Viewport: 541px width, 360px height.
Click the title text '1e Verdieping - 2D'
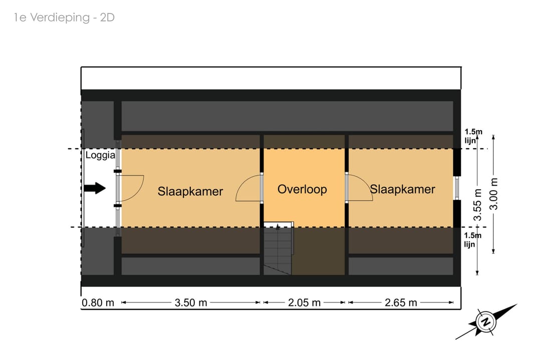pos(65,18)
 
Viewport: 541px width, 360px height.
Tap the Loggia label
pos(100,155)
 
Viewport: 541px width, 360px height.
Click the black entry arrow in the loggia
pos(95,188)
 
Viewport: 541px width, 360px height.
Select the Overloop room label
pos(302,189)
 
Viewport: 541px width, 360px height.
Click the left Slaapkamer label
pos(190,191)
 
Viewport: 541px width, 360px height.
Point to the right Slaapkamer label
pos(403,189)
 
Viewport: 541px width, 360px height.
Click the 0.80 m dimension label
pos(98,303)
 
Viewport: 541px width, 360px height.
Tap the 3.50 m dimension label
pos(191,303)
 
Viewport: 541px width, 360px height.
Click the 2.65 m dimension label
pos(401,303)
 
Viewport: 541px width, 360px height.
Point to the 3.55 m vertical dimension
pos(478,204)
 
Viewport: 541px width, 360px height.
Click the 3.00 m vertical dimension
pos(494,194)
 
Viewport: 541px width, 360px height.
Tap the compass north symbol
pos(485,322)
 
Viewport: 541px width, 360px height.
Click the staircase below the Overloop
pos(278,249)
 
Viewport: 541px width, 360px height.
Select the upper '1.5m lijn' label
pos(473,136)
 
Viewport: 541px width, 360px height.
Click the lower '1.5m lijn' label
pos(473,240)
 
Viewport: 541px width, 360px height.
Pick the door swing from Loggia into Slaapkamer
pos(130,188)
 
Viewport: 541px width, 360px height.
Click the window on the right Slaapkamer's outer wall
pos(456,188)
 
